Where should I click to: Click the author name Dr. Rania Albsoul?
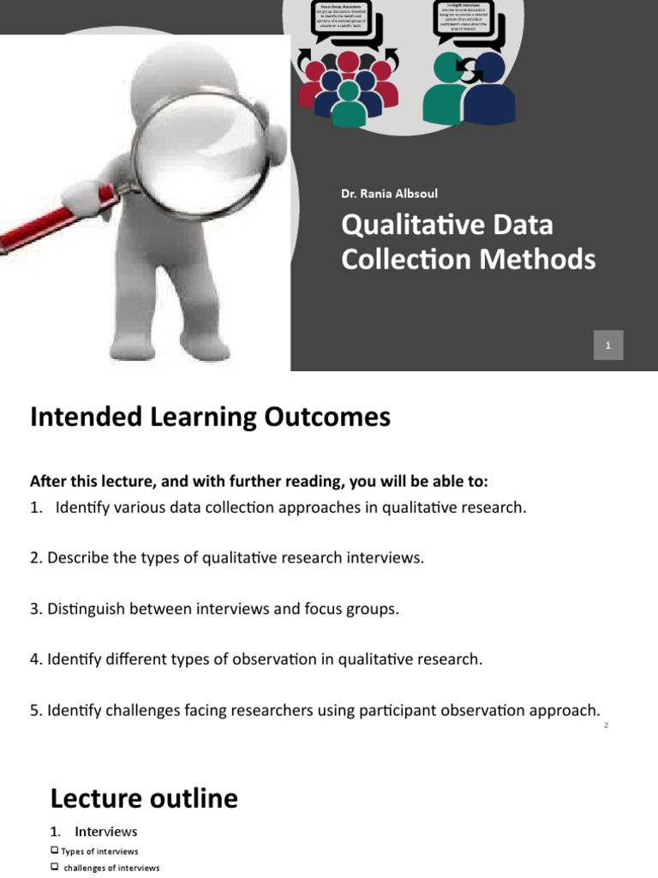click(x=389, y=193)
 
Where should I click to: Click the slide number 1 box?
click(x=607, y=345)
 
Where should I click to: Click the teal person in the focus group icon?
click(x=349, y=103)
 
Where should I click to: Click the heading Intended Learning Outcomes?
click(x=210, y=417)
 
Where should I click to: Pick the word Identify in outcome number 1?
click(x=82, y=508)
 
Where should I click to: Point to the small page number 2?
click(x=606, y=725)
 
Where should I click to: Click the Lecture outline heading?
click(x=144, y=798)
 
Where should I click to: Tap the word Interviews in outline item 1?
click(x=105, y=832)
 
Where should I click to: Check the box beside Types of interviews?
click(x=55, y=851)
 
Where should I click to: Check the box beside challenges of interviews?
click(x=55, y=867)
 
